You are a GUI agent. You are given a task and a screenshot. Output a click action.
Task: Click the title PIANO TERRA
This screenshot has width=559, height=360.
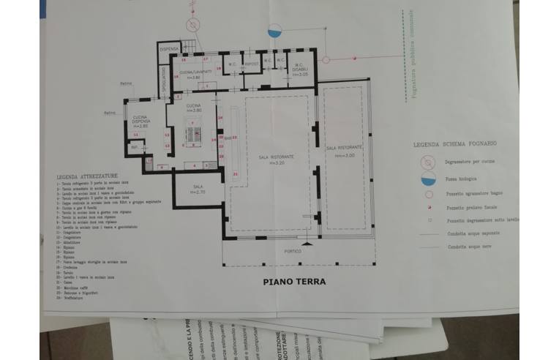(x=294, y=281)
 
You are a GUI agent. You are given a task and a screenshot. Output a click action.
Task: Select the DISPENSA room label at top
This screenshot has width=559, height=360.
(x=170, y=49)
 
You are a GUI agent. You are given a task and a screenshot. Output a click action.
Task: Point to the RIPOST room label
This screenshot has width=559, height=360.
(x=252, y=64)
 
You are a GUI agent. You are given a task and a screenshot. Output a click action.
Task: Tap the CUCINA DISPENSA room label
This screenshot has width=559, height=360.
(x=140, y=121)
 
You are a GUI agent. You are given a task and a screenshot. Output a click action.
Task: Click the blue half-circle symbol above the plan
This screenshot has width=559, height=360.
(x=275, y=31)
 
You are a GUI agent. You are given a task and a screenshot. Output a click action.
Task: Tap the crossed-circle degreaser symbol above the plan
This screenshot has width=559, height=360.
(x=192, y=24)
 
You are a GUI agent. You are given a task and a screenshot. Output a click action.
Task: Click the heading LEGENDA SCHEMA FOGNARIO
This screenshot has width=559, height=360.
(x=451, y=144)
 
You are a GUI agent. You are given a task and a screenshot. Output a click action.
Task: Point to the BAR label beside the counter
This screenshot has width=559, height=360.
(x=228, y=138)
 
